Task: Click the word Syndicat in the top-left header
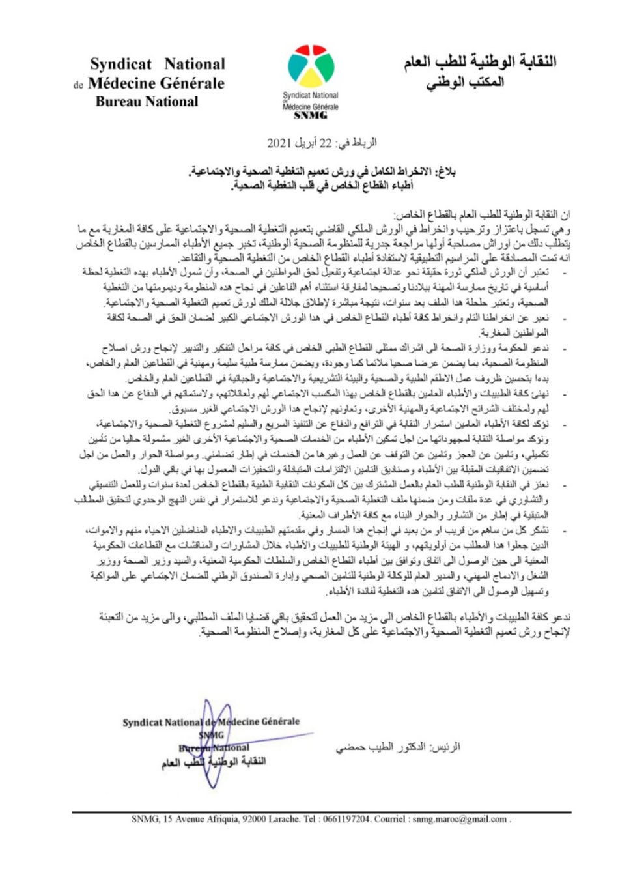120,64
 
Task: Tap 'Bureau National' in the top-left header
147,102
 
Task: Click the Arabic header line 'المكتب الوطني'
465,83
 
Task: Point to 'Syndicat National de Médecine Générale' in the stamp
211,722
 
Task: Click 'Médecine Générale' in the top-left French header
156,83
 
